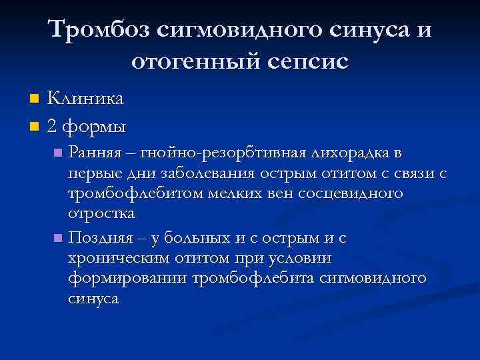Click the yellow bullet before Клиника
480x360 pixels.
[x=35, y=99]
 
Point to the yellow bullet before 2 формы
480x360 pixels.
[x=35, y=125]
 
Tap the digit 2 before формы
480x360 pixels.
[x=53, y=124]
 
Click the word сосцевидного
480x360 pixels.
[x=355, y=194]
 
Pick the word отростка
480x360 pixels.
[x=101, y=214]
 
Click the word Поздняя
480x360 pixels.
[x=100, y=237]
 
